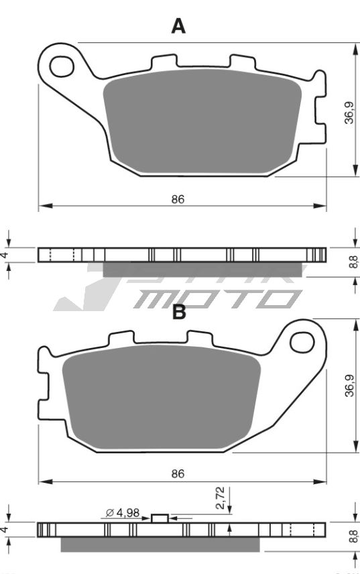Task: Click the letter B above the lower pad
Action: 179,312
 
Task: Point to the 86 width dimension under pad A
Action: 178,199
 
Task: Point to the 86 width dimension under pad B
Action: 178,473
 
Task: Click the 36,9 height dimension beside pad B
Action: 349,386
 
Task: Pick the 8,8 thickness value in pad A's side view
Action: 353,262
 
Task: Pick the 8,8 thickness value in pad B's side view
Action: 353,536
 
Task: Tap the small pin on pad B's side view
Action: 160,518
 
